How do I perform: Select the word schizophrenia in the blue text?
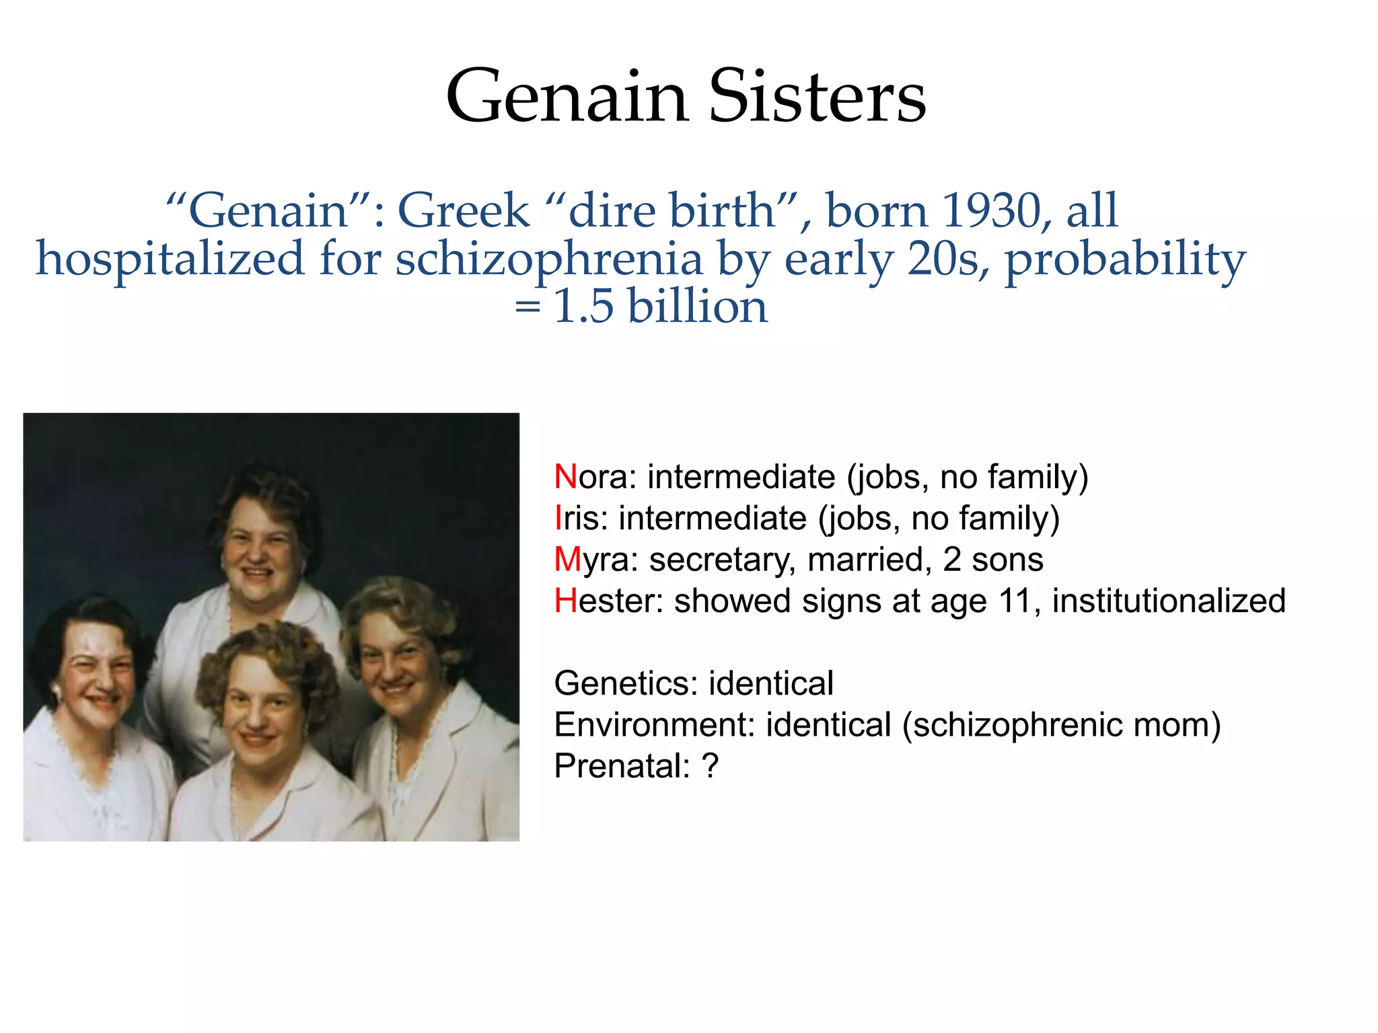click(x=548, y=259)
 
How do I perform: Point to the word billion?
click(x=697, y=307)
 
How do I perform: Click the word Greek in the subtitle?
click(x=464, y=211)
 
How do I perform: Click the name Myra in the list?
click(x=595, y=560)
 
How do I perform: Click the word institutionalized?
click(x=1169, y=601)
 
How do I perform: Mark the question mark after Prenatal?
click(x=710, y=766)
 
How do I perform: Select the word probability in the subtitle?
click(x=1125, y=259)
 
